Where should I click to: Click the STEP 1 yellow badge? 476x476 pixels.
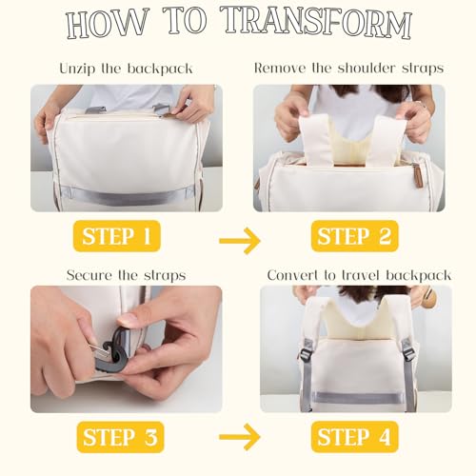117,236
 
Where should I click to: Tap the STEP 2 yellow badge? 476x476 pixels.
354,236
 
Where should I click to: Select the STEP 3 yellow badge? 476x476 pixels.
120,437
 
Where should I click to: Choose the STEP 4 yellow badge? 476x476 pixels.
354,437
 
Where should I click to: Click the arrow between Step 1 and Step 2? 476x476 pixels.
240,241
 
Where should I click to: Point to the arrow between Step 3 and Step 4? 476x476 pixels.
240,437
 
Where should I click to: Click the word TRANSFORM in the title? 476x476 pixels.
316,22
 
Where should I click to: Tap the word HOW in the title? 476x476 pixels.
107,23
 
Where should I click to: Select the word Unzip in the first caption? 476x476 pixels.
77,69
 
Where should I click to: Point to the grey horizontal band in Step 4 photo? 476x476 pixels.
355,398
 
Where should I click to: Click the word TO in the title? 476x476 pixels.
186,20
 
